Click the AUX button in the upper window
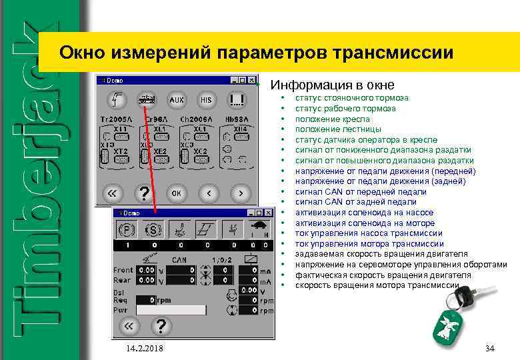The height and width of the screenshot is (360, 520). pos(176,100)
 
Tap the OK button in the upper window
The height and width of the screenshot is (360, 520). pos(177,193)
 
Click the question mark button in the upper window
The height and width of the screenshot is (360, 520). pos(142,193)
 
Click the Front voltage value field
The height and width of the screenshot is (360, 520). pos(146,270)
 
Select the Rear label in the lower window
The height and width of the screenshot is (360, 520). pos(123,280)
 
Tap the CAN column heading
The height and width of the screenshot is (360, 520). pos(179,259)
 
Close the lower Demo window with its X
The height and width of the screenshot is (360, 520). pos(269,213)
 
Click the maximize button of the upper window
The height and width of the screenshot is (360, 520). pos(242,80)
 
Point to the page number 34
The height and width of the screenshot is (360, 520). pos(490,349)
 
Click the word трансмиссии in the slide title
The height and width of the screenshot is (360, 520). pos(394,52)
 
